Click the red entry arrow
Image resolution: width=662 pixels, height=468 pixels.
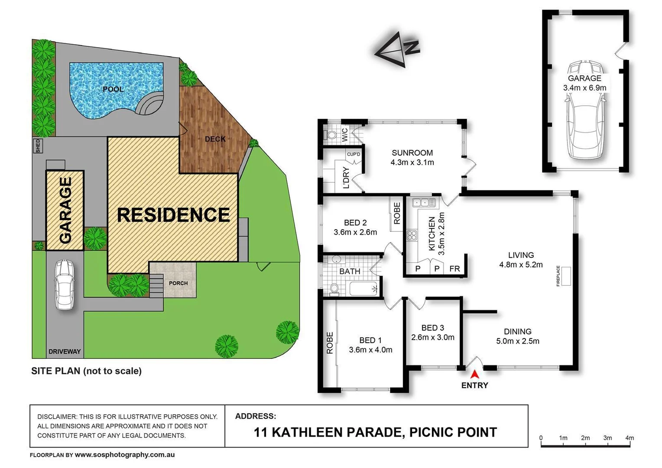(474, 374)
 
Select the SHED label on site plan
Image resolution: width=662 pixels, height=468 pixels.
(38, 146)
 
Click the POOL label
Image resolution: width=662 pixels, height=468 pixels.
(113, 89)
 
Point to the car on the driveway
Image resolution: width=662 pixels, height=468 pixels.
(64, 284)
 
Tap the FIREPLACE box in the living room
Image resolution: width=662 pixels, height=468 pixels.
(565, 276)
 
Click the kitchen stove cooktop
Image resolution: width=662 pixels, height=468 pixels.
(412, 236)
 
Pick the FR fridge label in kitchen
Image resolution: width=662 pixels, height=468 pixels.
(454, 269)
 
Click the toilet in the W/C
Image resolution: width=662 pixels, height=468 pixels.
(331, 135)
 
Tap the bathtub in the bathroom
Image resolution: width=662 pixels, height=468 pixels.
(363, 289)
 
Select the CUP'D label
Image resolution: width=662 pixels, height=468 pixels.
(354, 154)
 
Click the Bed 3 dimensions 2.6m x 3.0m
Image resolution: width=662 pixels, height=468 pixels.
(432, 337)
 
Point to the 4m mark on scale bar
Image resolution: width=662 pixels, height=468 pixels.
(630, 438)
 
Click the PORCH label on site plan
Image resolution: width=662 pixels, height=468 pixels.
(178, 283)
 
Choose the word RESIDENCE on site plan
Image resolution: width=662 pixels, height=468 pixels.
(173, 215)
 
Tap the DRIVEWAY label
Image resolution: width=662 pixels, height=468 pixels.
(65, 351)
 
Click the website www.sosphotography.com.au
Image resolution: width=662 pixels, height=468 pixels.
(125, 455)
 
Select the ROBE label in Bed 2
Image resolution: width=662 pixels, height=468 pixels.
(397, 214)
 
